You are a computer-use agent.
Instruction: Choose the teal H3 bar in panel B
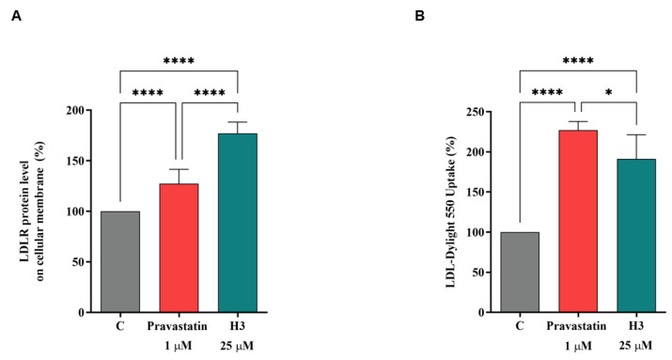pyautogui.click(x=636, y=235)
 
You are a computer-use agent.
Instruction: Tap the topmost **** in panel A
pyautogui.click(x=179, y=62)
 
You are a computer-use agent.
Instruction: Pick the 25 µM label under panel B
pyautogui.click(x=636, y=347)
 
